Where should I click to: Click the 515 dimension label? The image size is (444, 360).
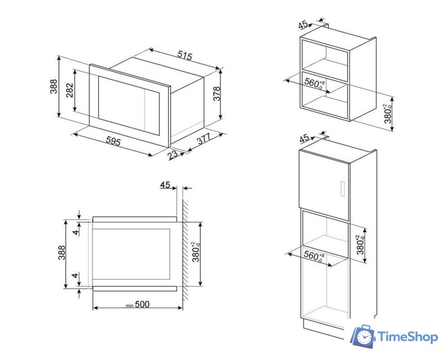[x=184, y=56]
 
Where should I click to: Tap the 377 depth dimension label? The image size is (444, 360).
[x=204, y=138]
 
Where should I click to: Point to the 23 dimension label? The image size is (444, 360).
[x=173, y=155]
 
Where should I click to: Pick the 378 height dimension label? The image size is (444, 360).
[x=216, y=94]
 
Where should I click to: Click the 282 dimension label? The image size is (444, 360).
[x=70, y=91]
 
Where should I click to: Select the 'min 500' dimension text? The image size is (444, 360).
[x=138, y=304]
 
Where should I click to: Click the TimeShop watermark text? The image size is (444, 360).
[x=408, y=337]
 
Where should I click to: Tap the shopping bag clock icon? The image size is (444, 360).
[x=363, y=337]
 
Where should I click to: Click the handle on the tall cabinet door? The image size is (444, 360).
[x=342, y=188]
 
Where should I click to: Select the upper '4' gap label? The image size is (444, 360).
[x=75, y=232]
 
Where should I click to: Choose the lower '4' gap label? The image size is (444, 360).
[x=75, y=275]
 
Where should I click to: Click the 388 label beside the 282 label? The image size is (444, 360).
[x=53, y=87]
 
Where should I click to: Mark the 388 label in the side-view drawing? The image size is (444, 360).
[x=61, y=253]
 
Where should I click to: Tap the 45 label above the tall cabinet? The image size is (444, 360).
[x=305, y=138]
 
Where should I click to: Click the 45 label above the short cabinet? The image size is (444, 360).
[x=303, y=25]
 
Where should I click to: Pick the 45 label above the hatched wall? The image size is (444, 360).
[x=165, y=185]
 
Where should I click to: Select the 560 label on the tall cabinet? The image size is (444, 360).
[x=314, y=256]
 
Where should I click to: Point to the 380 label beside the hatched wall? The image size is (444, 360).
[x=196, y=251]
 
